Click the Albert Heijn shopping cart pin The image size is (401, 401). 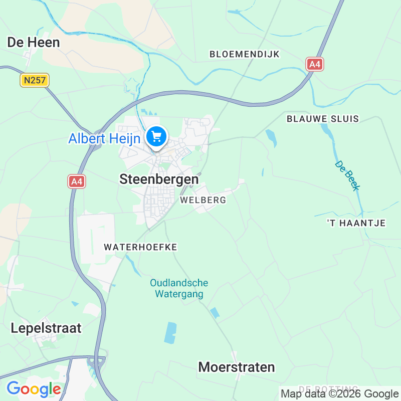click(x=156, y=136)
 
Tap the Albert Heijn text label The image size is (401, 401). click(x=104, y=138)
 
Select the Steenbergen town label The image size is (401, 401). click(x=159, y=179)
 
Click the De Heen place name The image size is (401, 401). click(x=34, y=43)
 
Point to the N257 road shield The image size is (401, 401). click(x=34, y=80)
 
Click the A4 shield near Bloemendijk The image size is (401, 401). click(x=315, y=64)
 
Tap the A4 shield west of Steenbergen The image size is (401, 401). click(x=77, y=181)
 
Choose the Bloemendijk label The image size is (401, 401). click(x=244, y=54)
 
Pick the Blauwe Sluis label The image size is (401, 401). click(x=323, y=119)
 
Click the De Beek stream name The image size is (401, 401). click(x=347, y=175)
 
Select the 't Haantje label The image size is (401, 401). click(x=356, y=223)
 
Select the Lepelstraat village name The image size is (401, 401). click(x=46, y=328)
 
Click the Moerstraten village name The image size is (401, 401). click(x=237, y=367)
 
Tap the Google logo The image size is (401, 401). click(x=34, y=389)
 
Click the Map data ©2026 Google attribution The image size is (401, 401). click(x=340, y=394)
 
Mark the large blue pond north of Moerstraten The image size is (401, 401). click(x=170, y=333)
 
